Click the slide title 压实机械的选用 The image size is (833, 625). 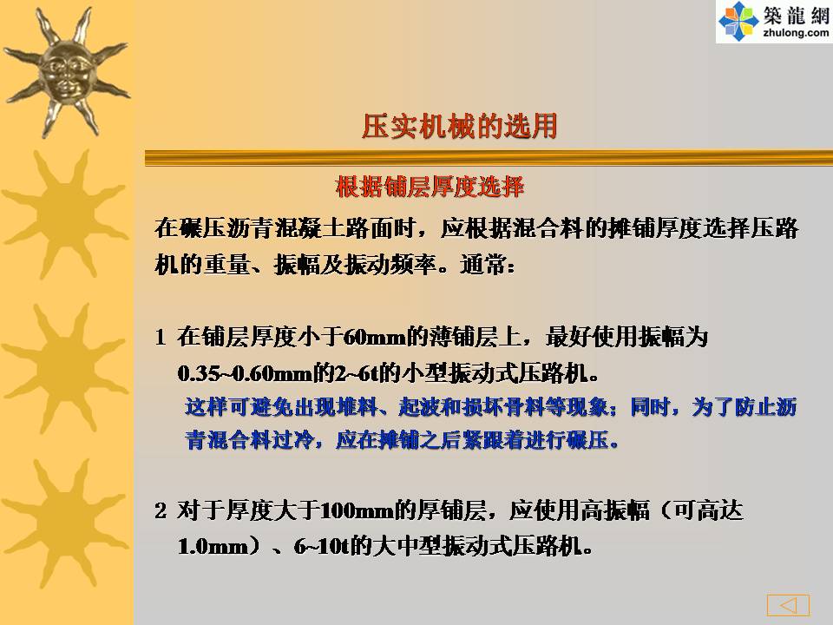pyautogui.click(x=460, y=127)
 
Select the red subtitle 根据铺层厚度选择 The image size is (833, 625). pyautogui.click(x=430, y=187)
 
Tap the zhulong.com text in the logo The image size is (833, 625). pyautogui.click(x=796, y=33)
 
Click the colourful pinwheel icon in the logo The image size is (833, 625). pyautogui.click(x=738, y=21)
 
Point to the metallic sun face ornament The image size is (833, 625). pyautogui.click(x=66, y=72)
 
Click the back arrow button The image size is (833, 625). pyautogui.click(x=788, y=605)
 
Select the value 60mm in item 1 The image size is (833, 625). pyautogui.click(x=375, y=337)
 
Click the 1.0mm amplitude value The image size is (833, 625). pyautogui.click(x=213, y=546)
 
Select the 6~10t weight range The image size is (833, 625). pyautogui.click(x=322, y=546)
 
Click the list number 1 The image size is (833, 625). pyautogui.click(x=161, y=337)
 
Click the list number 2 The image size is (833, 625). pyautogui.click(x=161, y=510)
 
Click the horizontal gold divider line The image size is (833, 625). pyautogui.click(x=489, y=158)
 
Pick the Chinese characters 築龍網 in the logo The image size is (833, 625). pyautogui.click(x=796, y=15)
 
